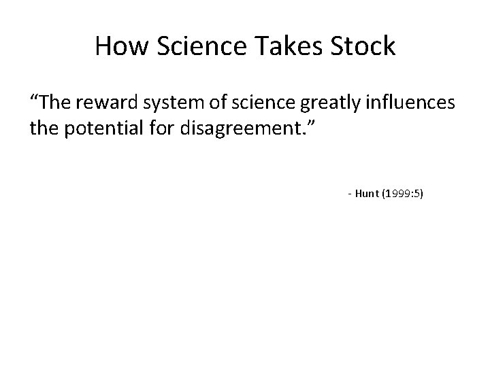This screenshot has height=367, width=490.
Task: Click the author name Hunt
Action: (365, 194)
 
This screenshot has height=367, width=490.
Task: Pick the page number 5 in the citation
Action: (416, 194)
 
